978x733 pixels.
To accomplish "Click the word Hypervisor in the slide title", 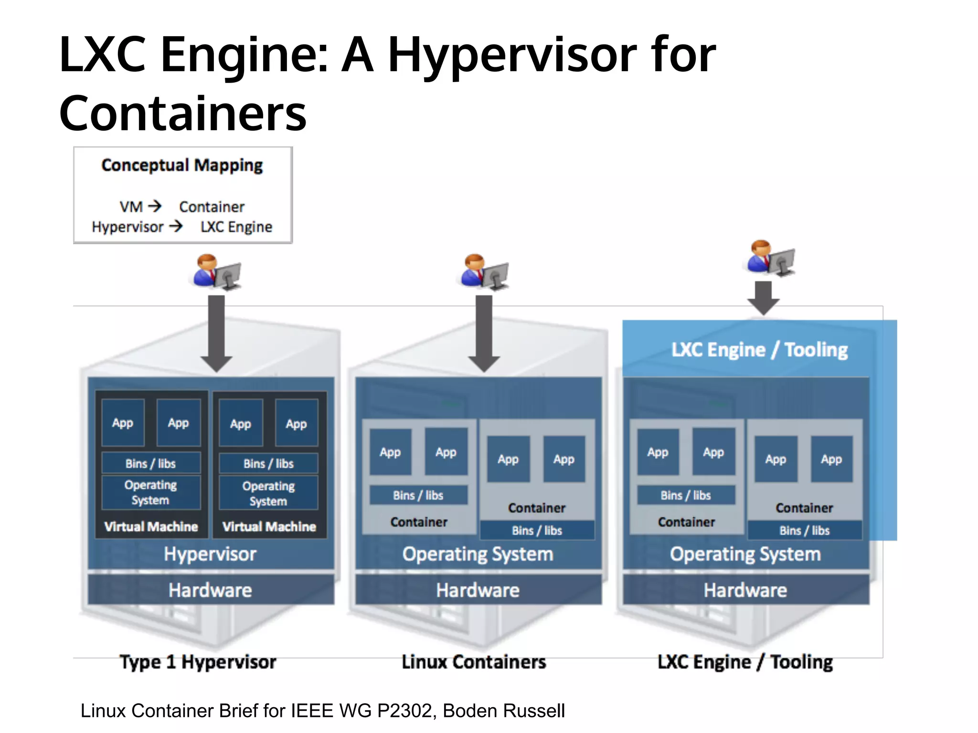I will coord(511,56).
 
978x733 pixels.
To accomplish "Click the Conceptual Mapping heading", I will coord(182,165).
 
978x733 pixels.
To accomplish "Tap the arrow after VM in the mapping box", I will coord(155,206).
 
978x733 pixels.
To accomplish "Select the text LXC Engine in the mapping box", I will coord(236,227).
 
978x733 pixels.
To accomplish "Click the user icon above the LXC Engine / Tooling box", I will coord(770,258).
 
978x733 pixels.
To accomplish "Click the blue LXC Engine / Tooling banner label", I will coord(759,350).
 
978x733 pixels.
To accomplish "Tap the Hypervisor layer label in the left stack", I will coord(210,554).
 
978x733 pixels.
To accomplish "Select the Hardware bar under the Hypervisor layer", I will coord(210,590).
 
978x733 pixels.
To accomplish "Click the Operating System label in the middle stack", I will coord(478,554).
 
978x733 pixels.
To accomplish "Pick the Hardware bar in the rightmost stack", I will coord(745,590).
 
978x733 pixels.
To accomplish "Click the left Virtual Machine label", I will coord(151,526).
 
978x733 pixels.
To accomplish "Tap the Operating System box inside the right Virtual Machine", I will coord(268,493).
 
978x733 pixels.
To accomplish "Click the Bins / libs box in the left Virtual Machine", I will coord(151,463).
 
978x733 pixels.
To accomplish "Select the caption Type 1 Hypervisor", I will coord(198,662).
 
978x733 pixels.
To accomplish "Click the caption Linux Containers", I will coord(474,662).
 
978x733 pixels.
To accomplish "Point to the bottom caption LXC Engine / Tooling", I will coord(745,662).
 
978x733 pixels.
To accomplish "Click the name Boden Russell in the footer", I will coord(504,711).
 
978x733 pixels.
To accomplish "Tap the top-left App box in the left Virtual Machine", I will coord(123,423).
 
